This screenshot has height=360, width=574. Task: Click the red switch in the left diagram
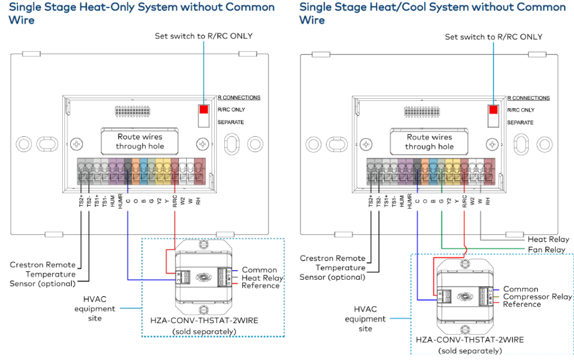(203, 110)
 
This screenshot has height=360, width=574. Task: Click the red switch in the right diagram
(493, 109)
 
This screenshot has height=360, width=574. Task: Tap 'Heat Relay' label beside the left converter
(262, 278)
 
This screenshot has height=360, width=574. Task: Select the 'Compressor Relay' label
(537, 297)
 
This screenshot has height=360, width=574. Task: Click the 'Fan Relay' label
(547, 250)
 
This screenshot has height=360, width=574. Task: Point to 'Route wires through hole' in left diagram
(140, 141)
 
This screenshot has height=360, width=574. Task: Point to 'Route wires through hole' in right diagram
(429, 141)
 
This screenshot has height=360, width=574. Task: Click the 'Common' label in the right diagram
(520, 289)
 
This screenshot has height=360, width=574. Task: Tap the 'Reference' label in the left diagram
(260, 286)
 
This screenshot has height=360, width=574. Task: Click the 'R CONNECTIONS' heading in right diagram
(529, 98)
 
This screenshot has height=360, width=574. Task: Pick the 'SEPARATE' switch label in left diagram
(230, 122)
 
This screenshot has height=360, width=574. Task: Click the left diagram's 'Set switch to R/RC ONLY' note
(203, 36)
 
